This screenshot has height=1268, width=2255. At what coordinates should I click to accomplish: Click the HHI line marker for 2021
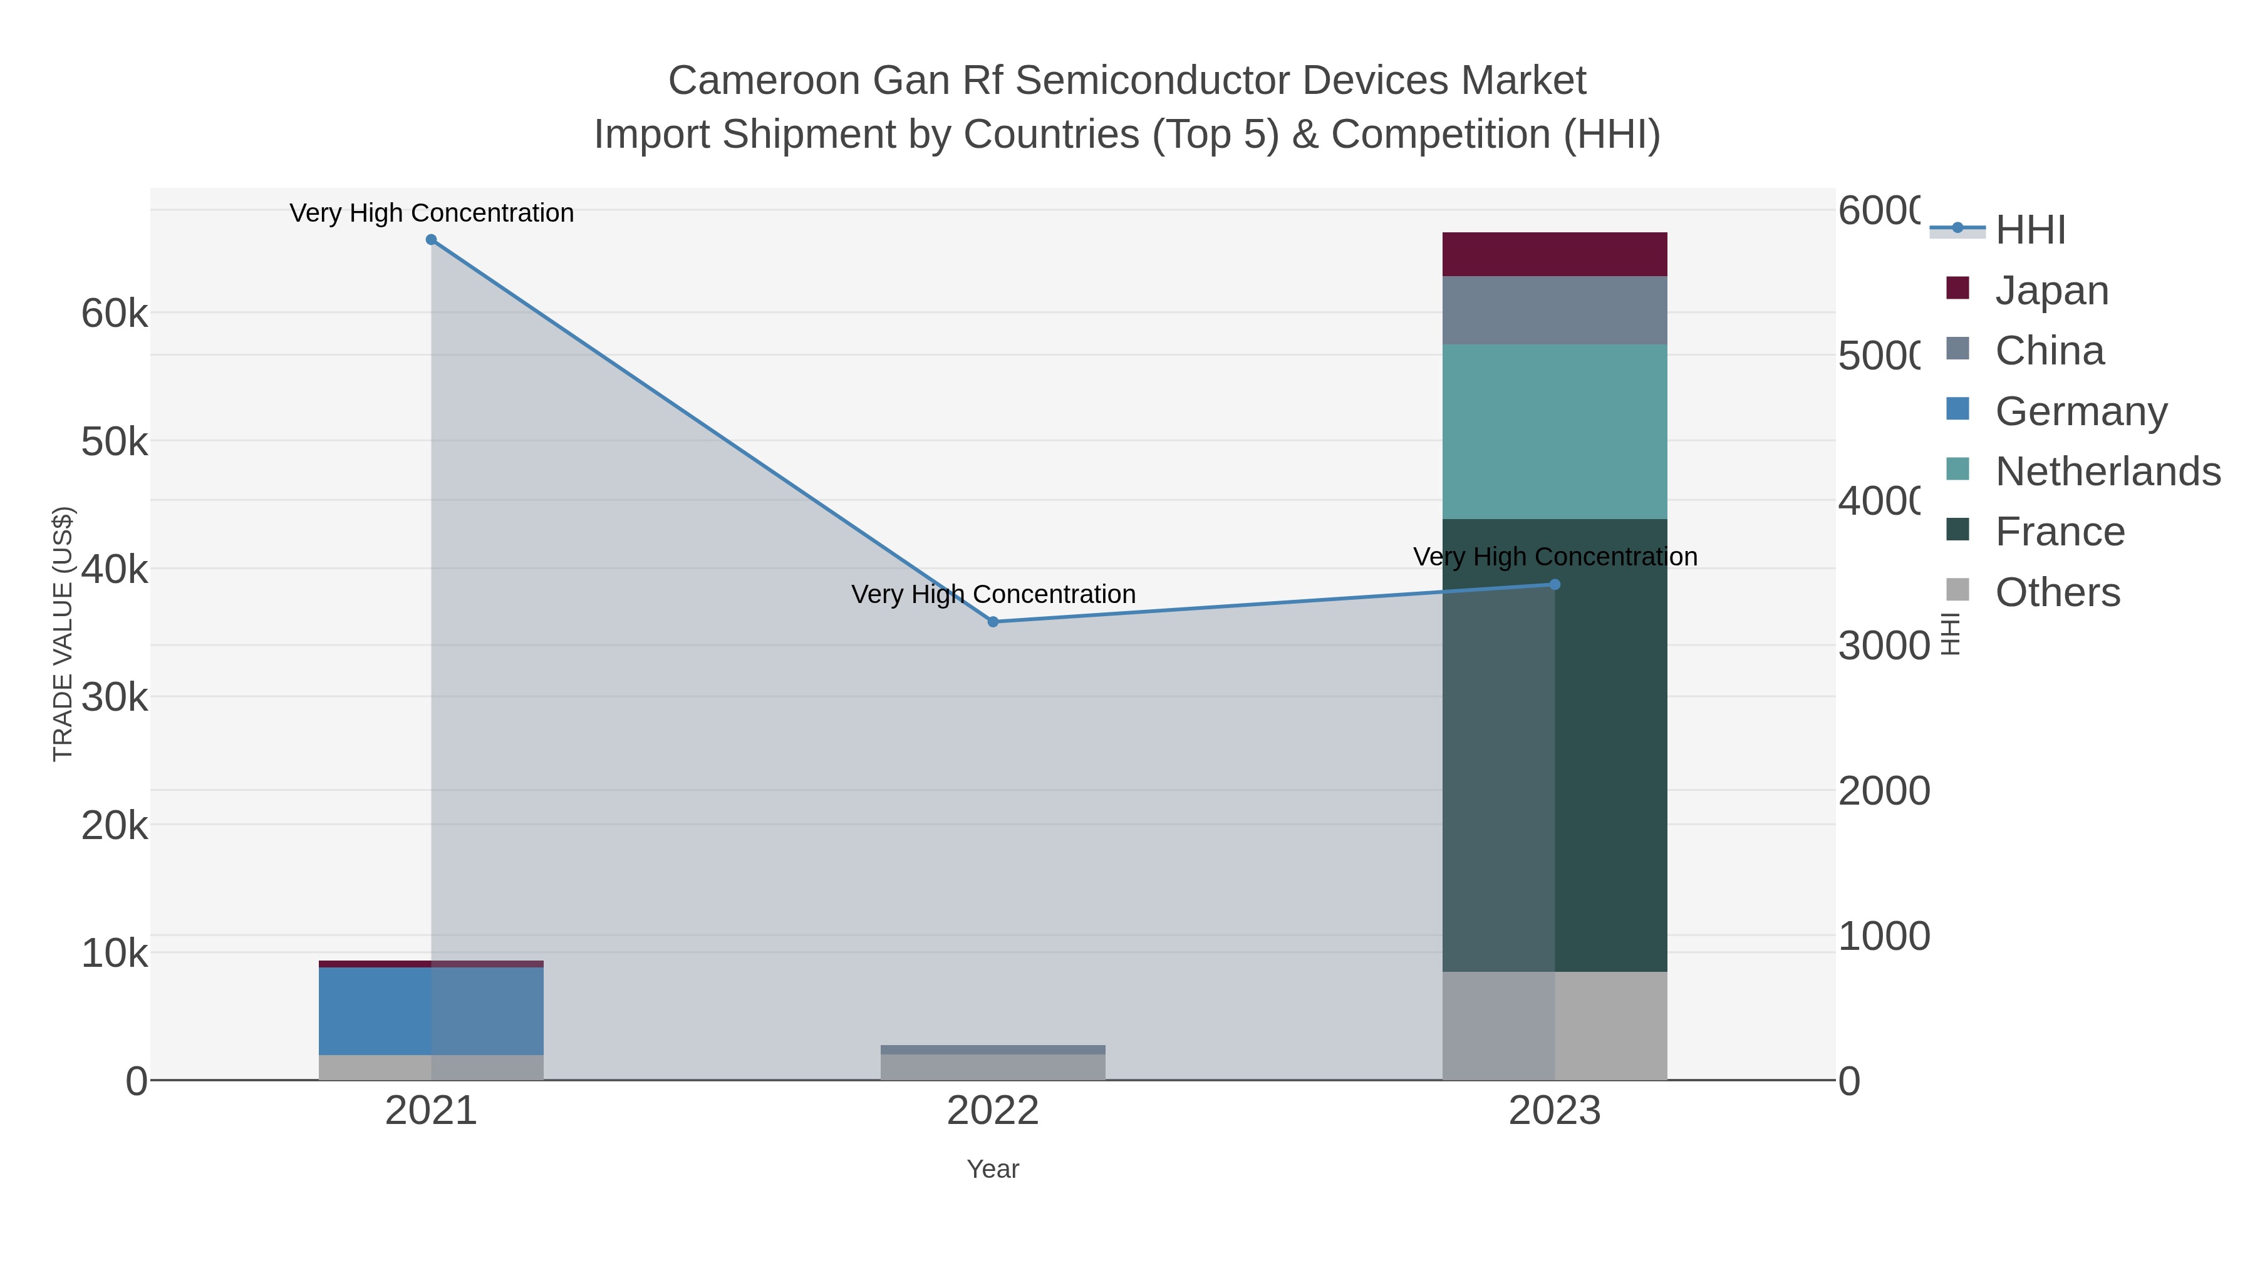431,240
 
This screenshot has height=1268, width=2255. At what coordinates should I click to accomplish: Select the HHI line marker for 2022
993,622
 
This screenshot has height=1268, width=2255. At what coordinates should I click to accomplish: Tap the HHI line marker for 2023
1555,585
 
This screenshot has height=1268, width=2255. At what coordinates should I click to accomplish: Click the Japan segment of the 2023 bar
1555,255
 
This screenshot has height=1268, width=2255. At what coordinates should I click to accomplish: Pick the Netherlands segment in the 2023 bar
1555,431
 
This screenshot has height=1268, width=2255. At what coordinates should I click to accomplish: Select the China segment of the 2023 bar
1555,311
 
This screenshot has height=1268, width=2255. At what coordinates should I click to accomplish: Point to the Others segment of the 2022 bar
993,1067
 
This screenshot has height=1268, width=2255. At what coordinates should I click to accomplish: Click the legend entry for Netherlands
2107,472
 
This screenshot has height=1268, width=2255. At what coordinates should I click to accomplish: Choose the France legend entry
2059,532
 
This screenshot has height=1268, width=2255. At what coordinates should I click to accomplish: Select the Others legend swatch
1957,590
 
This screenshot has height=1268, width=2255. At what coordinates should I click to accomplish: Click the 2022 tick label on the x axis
993,1111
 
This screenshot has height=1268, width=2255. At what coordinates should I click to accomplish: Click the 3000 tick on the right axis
1883,646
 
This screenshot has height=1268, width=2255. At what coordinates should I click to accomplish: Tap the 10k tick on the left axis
114,954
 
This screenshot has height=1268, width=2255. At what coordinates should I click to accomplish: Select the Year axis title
993,1169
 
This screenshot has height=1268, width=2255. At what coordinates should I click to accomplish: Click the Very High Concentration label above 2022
993,594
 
